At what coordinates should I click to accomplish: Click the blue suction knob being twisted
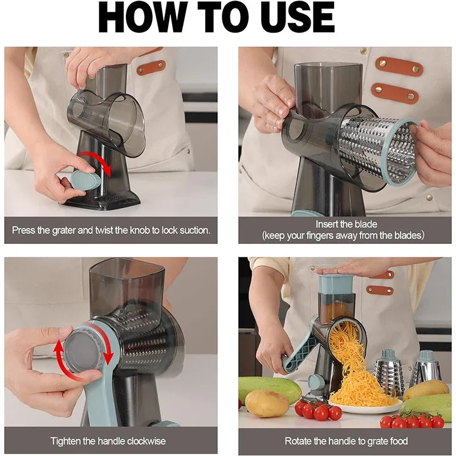tap(85, 180)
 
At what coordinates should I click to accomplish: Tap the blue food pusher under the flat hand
tap(336, 284)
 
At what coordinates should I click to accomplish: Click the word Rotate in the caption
tap(298, 441)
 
